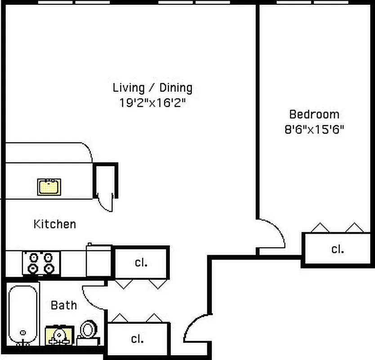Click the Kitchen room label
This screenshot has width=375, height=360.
tap(54, 224)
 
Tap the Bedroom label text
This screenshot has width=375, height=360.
tap(314, 114)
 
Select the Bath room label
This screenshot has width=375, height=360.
tap(63, 306)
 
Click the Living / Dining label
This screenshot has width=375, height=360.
tap(152, 87)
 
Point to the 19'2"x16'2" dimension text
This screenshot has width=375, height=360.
tap(152, 103)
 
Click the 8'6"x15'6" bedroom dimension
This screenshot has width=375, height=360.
tap(314, 130)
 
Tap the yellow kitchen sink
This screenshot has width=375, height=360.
tap(49, 187)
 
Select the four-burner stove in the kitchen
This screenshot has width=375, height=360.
tap(41, 263)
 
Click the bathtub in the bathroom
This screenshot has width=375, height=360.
tap(22, 315)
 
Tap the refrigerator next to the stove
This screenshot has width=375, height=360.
tap(99, 261)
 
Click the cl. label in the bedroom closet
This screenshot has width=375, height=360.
tap(337, 249)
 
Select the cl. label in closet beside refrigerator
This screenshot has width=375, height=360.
tap(141, 263)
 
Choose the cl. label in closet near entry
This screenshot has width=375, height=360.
tap(141, 338)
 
